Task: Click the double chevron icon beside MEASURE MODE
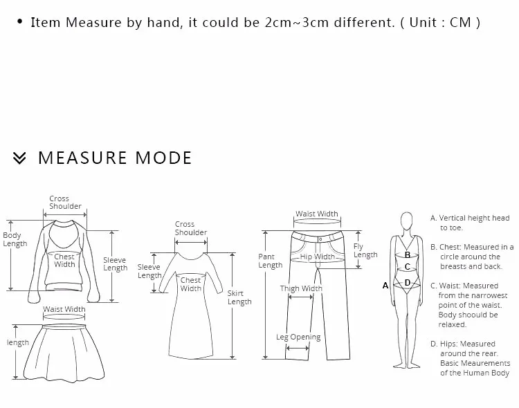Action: click(x=19, y=158)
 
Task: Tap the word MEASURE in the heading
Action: click(x=82, y=158)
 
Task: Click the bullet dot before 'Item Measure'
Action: click(x=20, y=22)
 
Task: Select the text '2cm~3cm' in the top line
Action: click(x=297, y=23)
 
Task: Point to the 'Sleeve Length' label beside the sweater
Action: click(x=115, y=263)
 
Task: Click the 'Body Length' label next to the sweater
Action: click(x=15, y=239)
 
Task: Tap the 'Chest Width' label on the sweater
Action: click(x=64, y=261)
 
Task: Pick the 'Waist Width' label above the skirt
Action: click(x=64, y=309)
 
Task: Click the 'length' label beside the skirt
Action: click(x=18, y=342)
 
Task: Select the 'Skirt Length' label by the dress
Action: click(x=239, y=297)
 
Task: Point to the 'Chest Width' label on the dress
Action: click(x=191, y=284)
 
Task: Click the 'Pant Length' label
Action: click(x=270, y=261)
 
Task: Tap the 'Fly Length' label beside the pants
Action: click(x=365, y=250)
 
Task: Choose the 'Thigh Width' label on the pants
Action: click(x=301, y=288)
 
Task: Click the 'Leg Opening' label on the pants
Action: click(x=298, y=337)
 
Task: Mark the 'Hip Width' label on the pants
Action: click(x=318, y=257)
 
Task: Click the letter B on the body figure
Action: click(x=408, y=254)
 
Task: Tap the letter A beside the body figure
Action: click(x=385, y=285)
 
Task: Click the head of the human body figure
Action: click(x=407, y=221)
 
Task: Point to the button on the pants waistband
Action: click(x=320, y=239)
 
